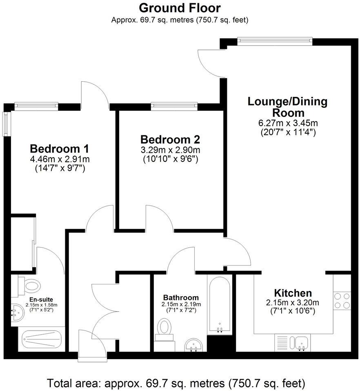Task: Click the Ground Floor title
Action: click(180, 8)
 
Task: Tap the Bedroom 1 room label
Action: click(60, 148)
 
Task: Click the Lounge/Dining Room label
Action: click(288, 107)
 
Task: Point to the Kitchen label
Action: click(293, 293)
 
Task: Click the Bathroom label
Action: click(181, 297)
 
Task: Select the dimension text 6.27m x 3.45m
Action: click(288, 123)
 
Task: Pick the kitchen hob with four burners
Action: click(342, 301)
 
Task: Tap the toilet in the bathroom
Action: click(165, 328)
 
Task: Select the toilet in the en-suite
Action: click(29, 285)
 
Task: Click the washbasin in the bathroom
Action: click(193, 345)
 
